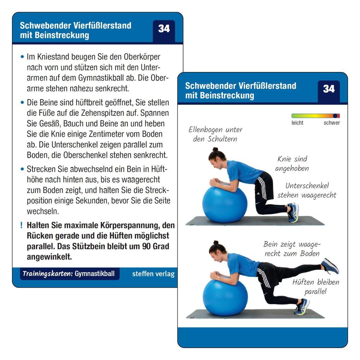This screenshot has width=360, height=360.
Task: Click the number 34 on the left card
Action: [164, 29]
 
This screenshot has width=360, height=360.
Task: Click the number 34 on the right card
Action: [329, 89]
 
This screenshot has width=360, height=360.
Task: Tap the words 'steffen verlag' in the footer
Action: [153, 274]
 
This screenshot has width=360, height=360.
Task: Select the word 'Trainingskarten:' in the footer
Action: [48, 274]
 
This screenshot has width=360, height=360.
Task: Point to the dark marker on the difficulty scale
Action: [335, 116]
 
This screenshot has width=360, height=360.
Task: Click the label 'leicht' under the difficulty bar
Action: [297, 123]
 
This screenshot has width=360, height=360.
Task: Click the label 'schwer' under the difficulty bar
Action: [331, 123]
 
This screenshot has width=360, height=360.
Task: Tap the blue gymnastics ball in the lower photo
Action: [225, 297]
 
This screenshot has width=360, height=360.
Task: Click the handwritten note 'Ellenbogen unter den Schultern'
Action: [215, 134]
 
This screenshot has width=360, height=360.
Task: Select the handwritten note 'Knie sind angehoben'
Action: [292, 164]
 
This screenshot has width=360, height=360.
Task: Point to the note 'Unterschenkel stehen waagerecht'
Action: [307, 190]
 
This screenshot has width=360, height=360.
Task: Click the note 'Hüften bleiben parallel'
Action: [315, 287]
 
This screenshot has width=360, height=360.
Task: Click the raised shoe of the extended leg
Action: [330, 266]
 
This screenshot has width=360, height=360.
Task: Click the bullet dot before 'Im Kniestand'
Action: [23, 56]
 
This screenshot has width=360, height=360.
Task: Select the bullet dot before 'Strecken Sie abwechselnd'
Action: [23, 169]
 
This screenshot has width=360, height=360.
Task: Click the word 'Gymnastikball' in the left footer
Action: [95, 274]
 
